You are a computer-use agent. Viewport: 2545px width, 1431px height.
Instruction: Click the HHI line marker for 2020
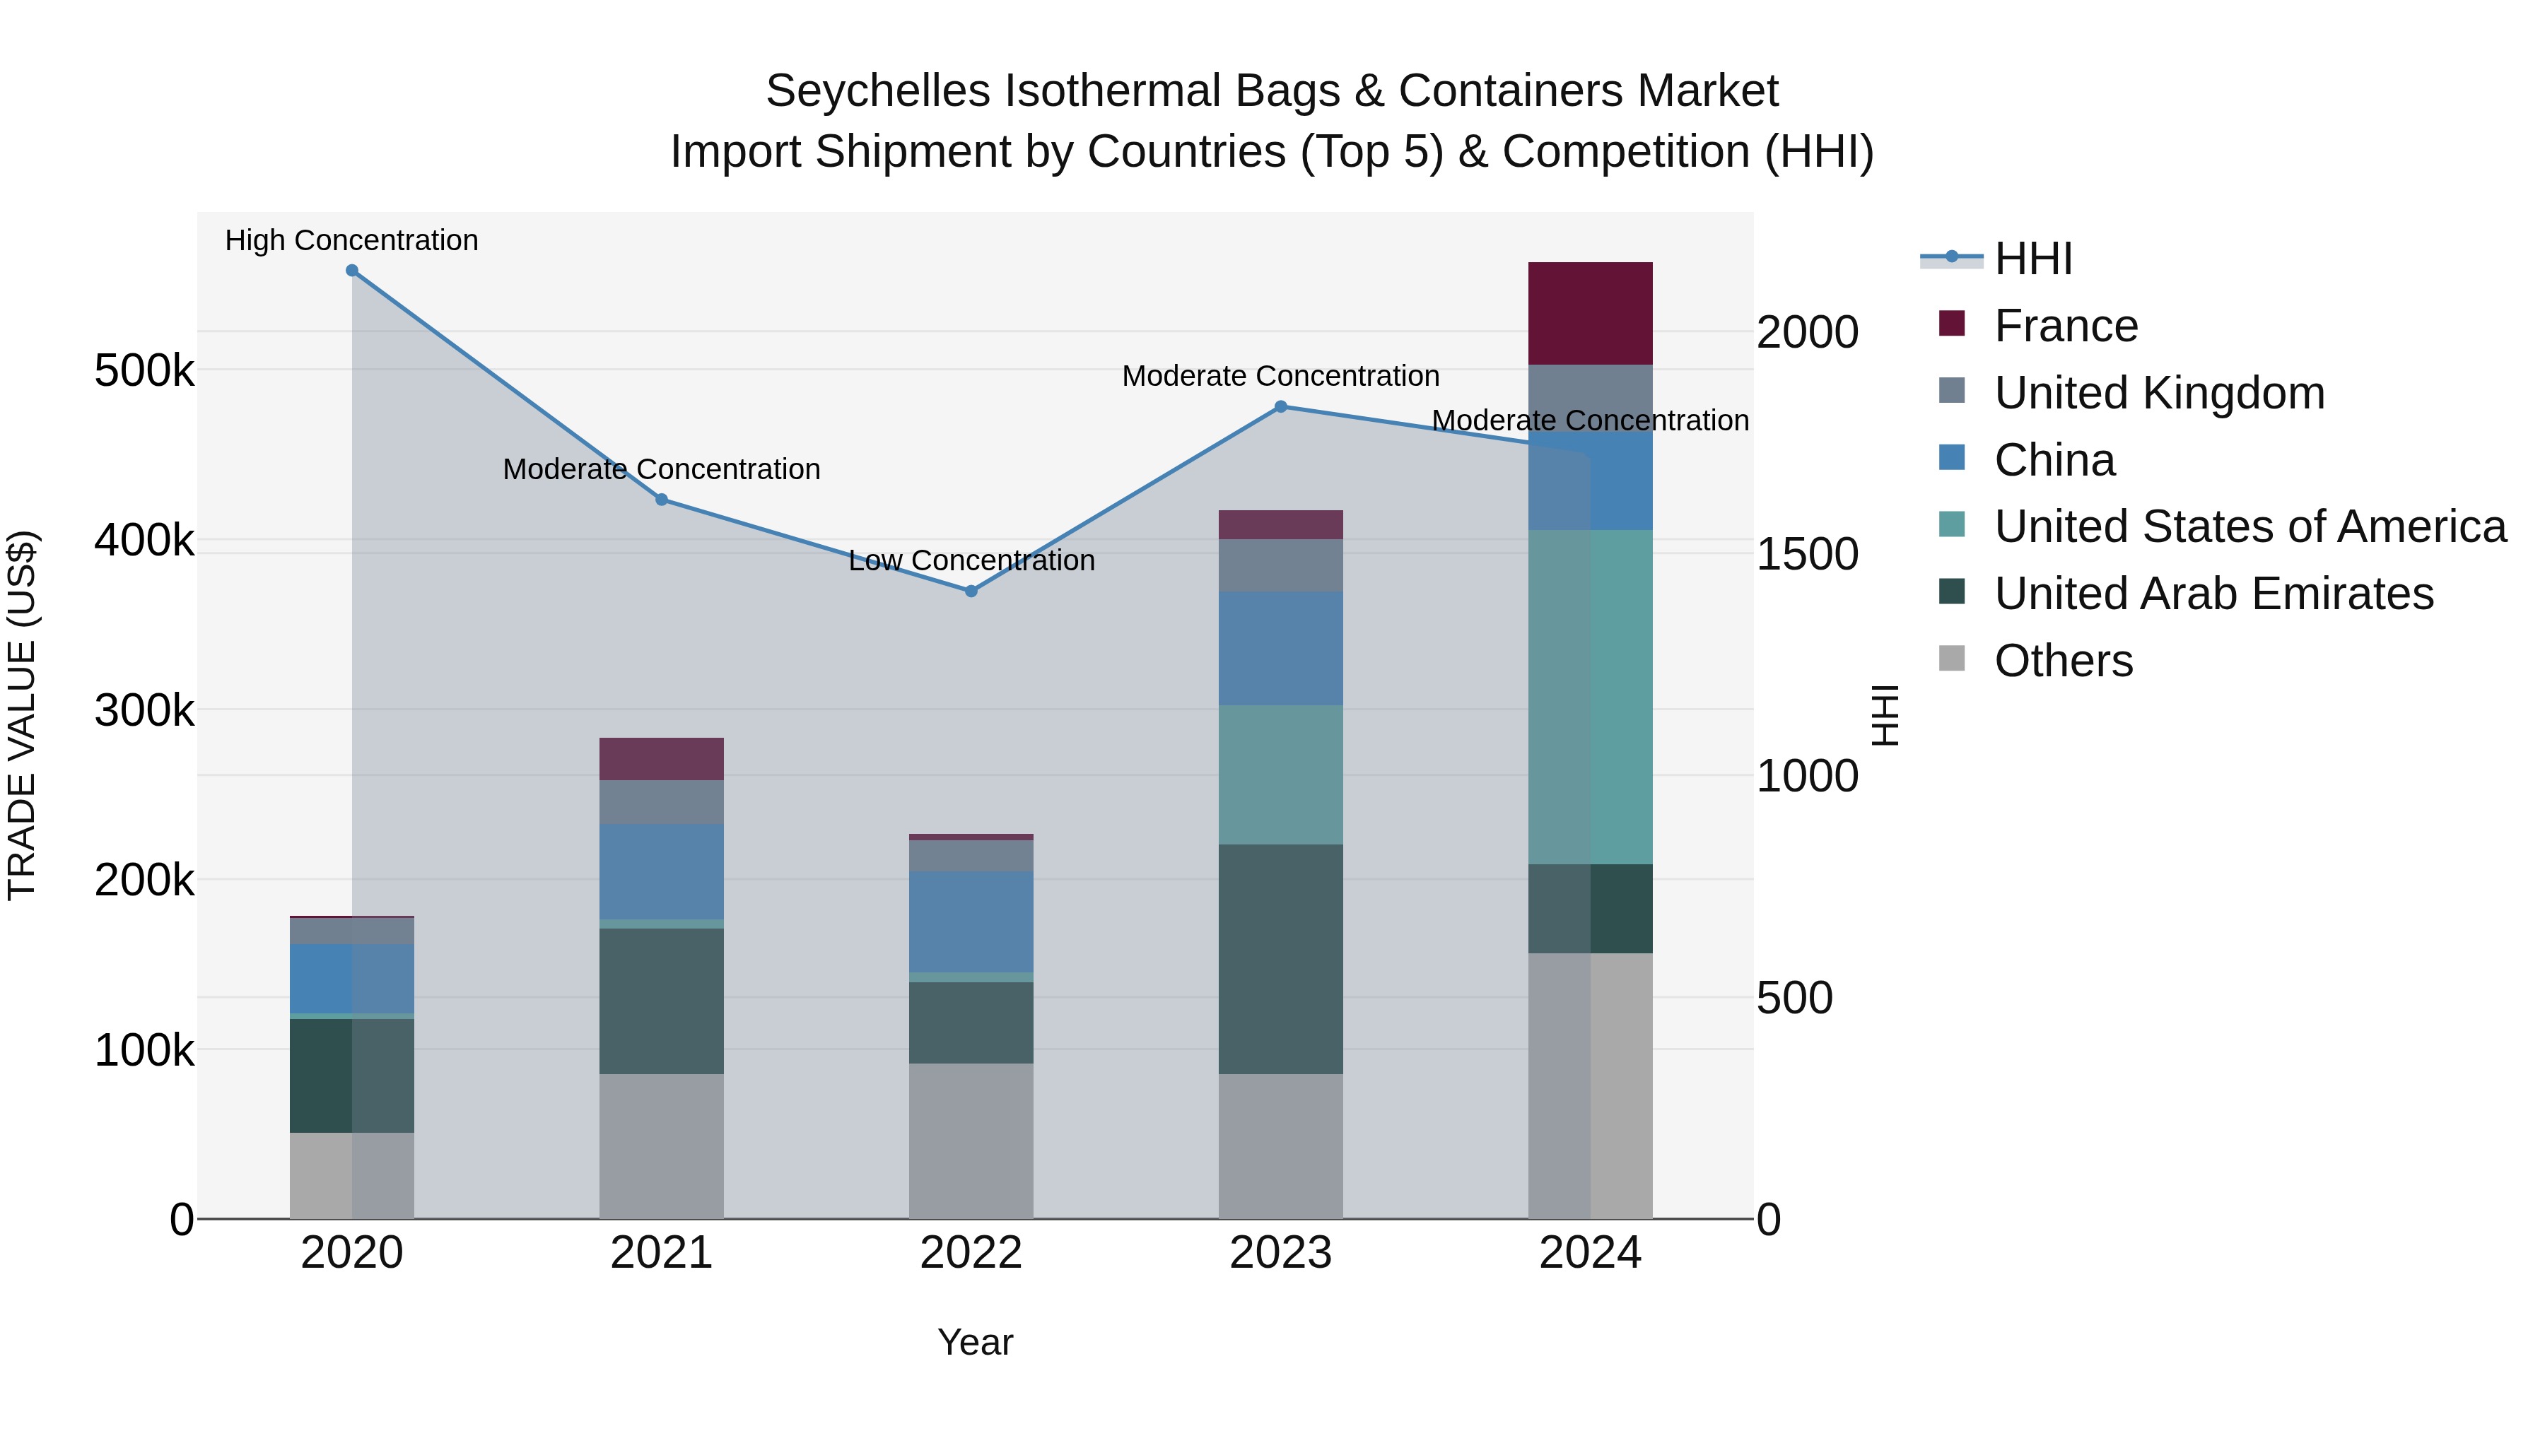pos(352,271)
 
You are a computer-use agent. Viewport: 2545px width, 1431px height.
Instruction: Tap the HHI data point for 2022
pos(971,591)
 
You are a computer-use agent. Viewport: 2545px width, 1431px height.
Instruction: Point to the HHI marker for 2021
pos(662,500)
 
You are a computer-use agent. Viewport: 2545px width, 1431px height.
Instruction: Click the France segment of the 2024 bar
pos(1590,313)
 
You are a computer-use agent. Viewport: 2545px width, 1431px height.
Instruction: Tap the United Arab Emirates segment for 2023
pos(1280,958)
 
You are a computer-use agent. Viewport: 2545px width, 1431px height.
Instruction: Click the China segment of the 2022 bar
pos(971,921)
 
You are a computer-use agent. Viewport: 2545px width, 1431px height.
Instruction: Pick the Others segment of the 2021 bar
pos(662,1146)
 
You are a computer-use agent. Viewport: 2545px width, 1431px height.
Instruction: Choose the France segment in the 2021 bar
pos(662,758)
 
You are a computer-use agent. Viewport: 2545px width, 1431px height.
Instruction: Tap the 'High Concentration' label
pos(352,241)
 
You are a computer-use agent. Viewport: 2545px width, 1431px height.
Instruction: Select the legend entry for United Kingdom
pos(2159,393)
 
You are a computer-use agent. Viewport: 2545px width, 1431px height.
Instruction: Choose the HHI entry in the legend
pos(2032,259)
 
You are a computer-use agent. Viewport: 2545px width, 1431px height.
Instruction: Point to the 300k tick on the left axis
pos(144,711)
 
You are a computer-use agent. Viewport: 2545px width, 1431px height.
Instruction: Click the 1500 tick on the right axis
pos(1807,554)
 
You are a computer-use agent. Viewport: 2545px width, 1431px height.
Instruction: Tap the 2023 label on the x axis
pos(1280,1253)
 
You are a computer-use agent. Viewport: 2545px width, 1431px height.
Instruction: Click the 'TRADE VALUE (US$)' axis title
pos(22,715)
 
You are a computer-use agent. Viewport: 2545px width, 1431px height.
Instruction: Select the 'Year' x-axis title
pos(975,1342)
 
